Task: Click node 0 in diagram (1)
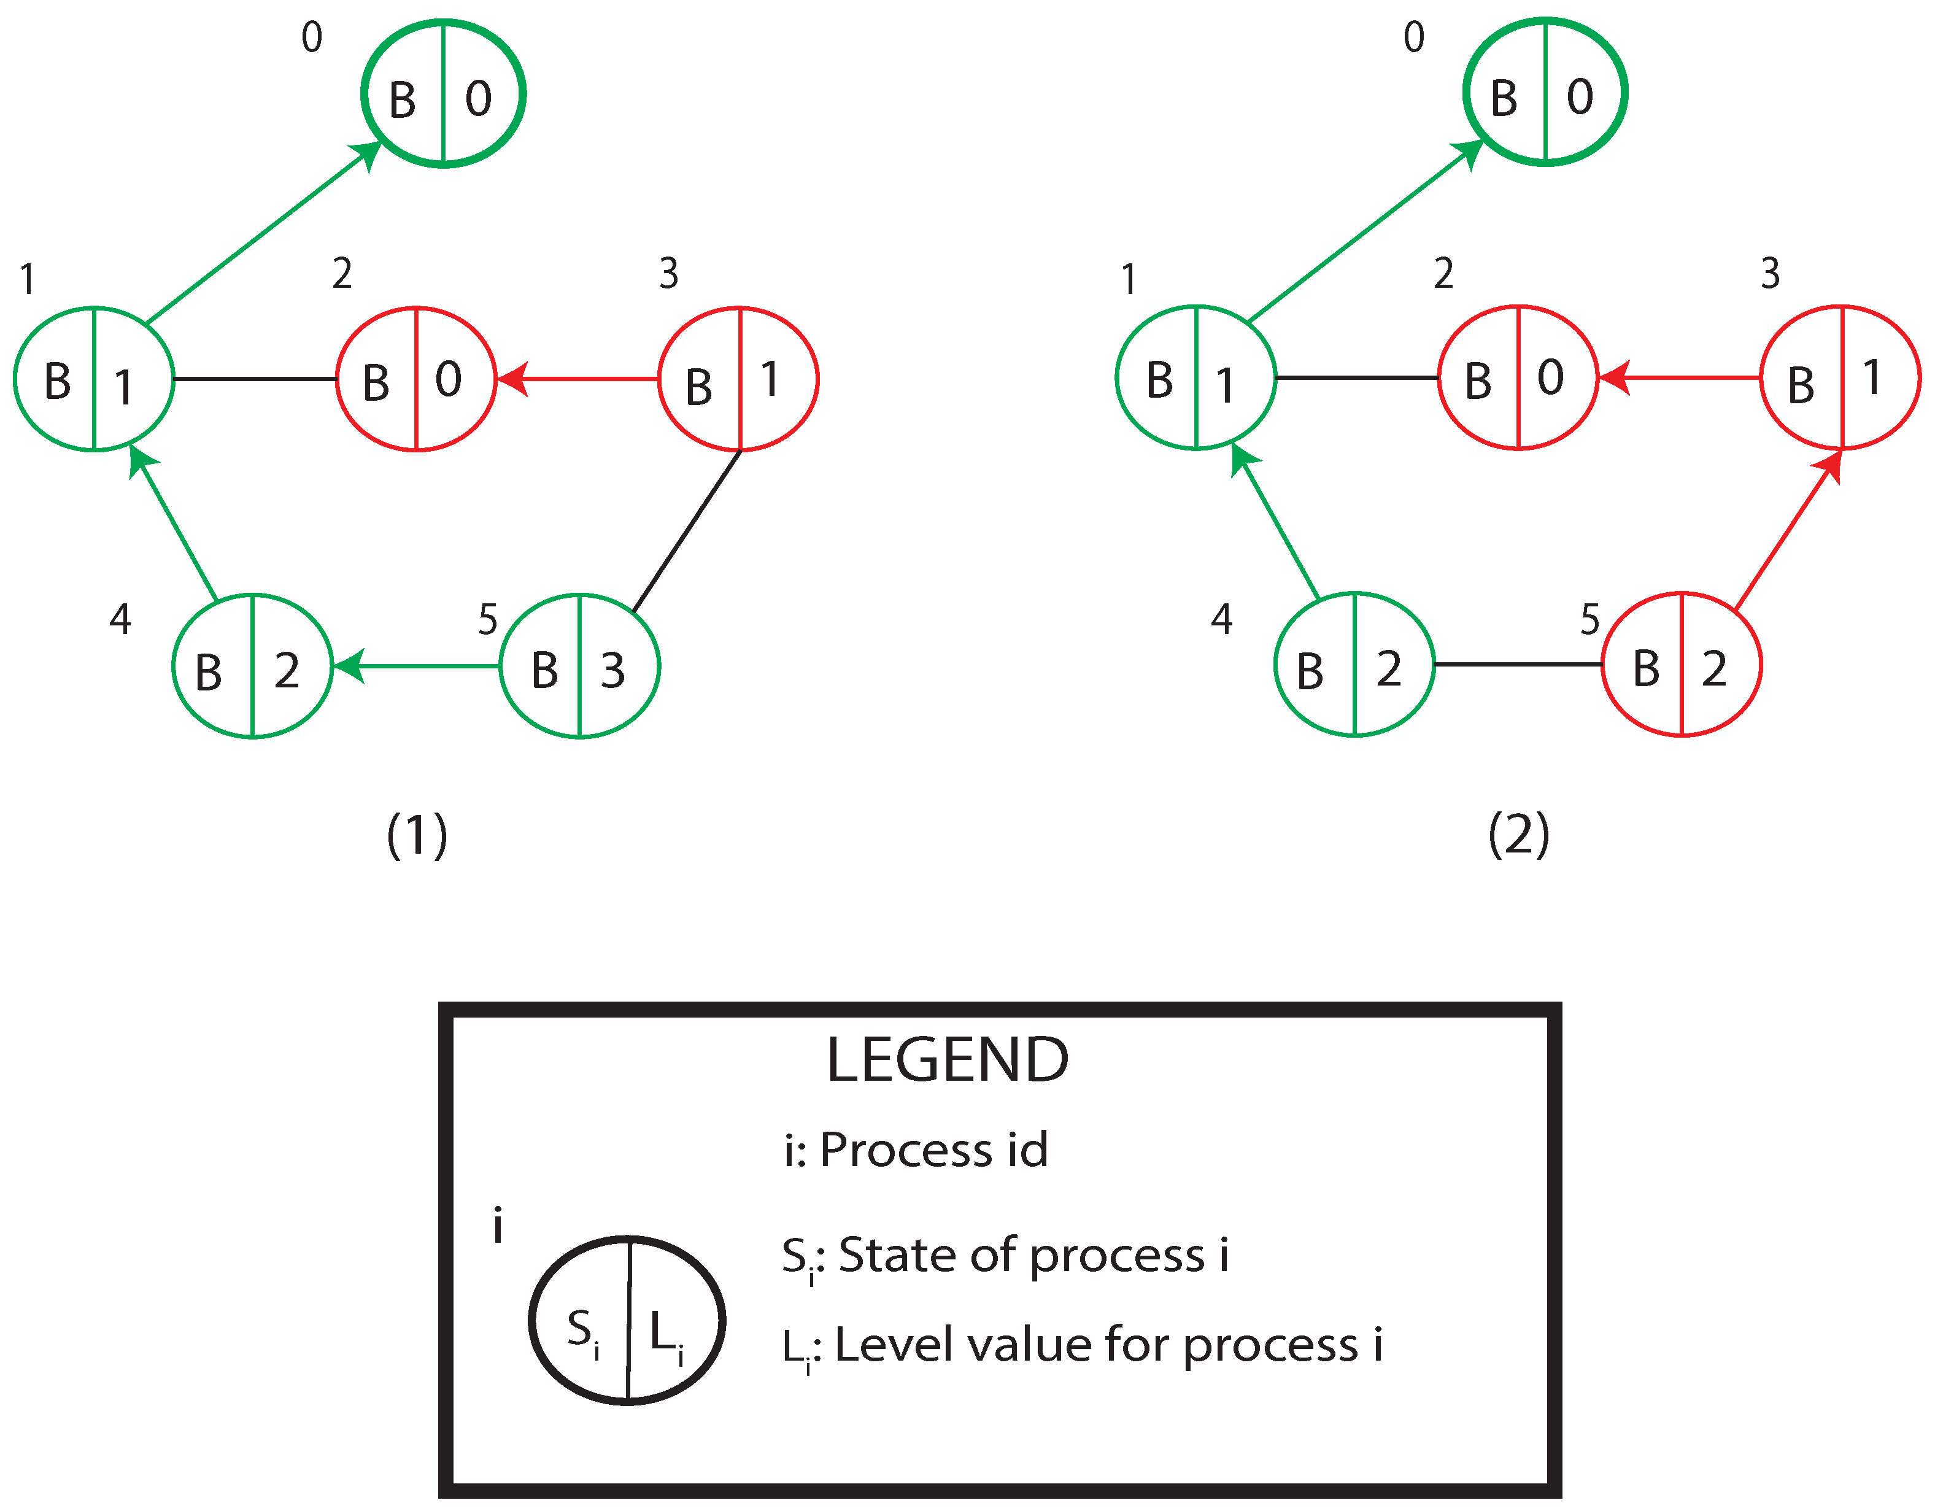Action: tap(443, 93)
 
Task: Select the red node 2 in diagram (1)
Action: tap(415, 379)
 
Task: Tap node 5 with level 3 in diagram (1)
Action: tap(579, 665)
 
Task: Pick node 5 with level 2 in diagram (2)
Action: tap(1681, 664)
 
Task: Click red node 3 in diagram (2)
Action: tap(1839, 377)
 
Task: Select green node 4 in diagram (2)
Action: tap(1354, 664)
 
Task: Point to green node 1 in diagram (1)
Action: tap(94, 379)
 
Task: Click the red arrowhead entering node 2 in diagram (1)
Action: tap(511, 379)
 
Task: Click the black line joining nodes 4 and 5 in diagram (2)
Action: tap(1517, 664)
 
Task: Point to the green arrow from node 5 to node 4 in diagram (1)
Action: tap(417, 665)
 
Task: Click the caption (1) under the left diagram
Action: tap(417, 835)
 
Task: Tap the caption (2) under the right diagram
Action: tap(1518, 835)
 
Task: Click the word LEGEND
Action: tap(947, 1060)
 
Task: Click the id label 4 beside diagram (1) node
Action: tap(120, 619)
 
